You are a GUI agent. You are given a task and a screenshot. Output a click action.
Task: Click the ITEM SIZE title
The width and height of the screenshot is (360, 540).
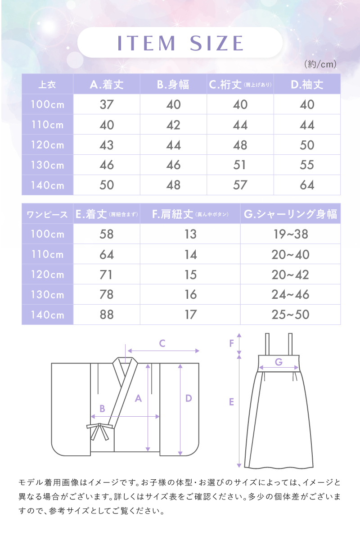(x=180, y=43)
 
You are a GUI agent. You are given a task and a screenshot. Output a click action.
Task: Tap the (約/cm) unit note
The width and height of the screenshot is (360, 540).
(x=320, y=64)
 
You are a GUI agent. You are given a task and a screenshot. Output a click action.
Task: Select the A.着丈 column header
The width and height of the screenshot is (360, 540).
(x=107, y=85)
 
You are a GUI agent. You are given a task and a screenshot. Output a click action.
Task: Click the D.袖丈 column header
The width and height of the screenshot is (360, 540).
(x=307, y=85)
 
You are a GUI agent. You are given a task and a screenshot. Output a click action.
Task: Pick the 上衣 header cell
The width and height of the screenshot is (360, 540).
(x=47, y=85)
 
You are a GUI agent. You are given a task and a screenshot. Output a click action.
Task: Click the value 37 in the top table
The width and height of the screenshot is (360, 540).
(x=107, y=104)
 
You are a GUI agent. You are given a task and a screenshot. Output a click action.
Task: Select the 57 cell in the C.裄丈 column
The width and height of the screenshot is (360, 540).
(x=240, y=185)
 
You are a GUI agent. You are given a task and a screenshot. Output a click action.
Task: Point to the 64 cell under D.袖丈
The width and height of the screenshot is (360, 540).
(x=307, y=185)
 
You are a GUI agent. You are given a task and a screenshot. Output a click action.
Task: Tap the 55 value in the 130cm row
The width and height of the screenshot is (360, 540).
(x=307, y=165)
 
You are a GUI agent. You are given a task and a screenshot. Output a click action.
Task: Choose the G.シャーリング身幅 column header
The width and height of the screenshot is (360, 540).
(x=290, y=214)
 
